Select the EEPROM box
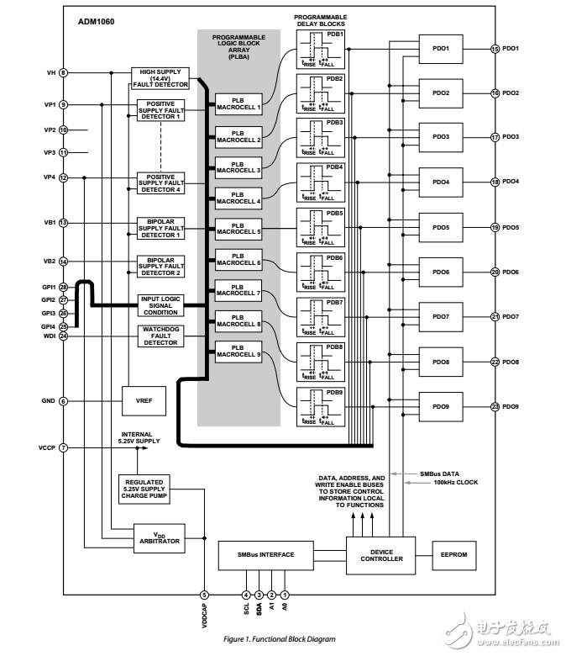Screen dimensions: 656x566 coord(453,555)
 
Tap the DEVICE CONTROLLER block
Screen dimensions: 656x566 coord(380,555)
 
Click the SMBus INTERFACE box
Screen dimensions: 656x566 coord(267,555)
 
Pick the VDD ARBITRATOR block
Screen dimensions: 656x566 coord(159,536)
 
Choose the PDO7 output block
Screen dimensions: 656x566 coord(441,318)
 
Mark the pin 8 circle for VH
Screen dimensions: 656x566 coord(64,73)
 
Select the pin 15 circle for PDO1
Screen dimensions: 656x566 coord(495,49)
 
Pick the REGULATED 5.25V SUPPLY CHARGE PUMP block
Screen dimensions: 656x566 coord(144,489)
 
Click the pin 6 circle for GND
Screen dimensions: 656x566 coord(64,401)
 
